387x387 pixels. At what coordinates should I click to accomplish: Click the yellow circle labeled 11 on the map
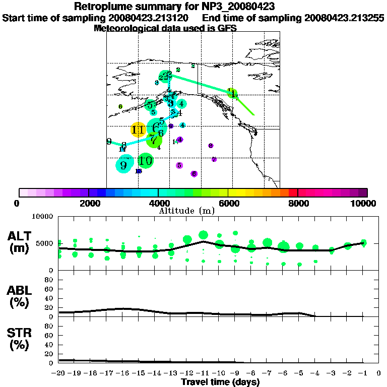coord(138,130)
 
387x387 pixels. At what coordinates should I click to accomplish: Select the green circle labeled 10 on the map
coord(145,161)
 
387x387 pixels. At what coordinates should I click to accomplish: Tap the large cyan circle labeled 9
coord(124,164)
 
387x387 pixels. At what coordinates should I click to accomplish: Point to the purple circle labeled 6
coord(194,174)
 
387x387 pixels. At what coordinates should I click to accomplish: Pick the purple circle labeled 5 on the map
coord(179,165)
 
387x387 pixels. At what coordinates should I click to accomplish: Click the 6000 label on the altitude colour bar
coord(228,203)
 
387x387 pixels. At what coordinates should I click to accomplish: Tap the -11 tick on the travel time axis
coord(203,373)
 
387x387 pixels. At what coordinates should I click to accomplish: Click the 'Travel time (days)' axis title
coord(220,382)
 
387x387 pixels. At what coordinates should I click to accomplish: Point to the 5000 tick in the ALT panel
coord(46,243)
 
